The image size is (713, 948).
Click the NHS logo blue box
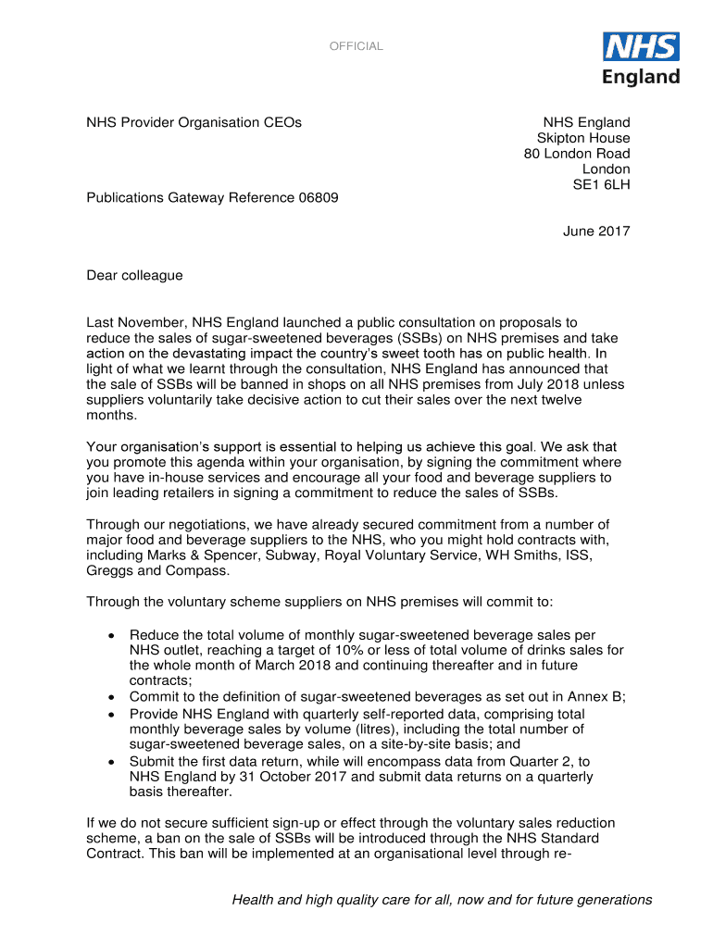(641, 47)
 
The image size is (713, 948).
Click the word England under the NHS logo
(641, 77)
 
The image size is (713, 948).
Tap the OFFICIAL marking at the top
(356, 46)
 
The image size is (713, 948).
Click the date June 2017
(596, 231)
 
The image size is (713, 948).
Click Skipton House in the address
(583, 138)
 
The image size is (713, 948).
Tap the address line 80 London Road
(577, 154)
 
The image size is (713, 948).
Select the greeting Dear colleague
(134, 275)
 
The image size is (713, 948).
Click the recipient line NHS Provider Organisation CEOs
(194, 122)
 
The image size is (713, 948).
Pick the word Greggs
(109, 571)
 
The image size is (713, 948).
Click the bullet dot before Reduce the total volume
(111, 635)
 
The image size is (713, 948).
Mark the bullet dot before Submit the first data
(111, 762)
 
